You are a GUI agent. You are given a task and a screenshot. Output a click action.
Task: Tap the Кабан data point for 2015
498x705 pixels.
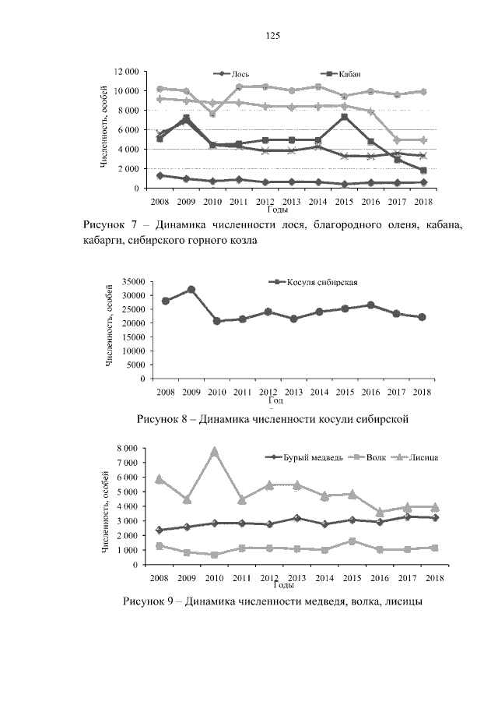coord(344,117)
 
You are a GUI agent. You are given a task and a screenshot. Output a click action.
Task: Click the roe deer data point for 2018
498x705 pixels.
coord(422,317)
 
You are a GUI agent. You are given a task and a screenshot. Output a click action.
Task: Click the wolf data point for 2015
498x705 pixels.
coord(352,541)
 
